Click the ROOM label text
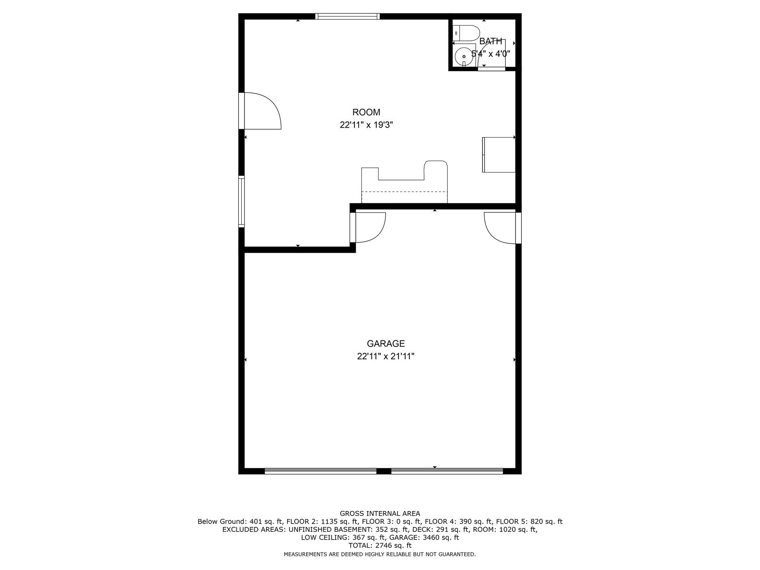click(366, 112)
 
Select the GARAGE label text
click(386, 344)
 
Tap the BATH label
click(491, 41)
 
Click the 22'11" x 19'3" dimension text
click(366, 125)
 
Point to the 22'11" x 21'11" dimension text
click(386, 357)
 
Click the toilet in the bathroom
click(466, 33)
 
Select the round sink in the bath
click(464, 56)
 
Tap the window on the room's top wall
click(348, 16)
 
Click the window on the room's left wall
click(242, 202)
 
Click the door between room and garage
click(368, 227)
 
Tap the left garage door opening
click(321, 471)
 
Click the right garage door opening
click(447, 471)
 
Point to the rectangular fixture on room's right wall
click(499, 155)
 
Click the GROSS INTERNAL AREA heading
click(380, 514)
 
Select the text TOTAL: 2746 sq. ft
click(380, 546)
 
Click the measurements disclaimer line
click(380, 554)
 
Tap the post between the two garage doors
click(384, 471)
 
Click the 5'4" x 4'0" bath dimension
click(491, 54)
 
